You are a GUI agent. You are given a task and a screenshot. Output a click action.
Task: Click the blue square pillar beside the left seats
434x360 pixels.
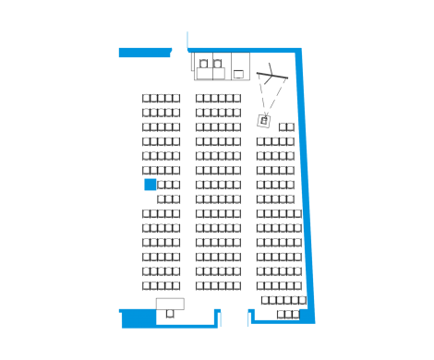coord(150,185)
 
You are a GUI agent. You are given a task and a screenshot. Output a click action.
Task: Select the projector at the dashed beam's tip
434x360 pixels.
coord(264,119)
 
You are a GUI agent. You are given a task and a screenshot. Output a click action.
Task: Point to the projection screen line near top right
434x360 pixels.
coord(272,73)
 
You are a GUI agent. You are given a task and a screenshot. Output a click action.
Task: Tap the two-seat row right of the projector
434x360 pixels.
coord(286,127)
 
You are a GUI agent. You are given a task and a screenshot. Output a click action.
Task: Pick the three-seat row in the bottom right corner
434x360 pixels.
coord(288,314)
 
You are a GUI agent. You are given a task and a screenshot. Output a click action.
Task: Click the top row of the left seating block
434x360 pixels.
coord(161,98)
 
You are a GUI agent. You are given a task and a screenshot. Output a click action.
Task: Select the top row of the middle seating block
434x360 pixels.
coord(218,98)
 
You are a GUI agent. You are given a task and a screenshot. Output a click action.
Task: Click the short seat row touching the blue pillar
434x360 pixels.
coord(169,185)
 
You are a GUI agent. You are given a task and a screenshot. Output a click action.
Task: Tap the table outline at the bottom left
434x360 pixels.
coord(170,304)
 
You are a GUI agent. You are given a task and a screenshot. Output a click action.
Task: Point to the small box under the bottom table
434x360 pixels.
coord(170,314)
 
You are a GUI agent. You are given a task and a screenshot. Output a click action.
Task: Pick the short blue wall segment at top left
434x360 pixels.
coord(145,53)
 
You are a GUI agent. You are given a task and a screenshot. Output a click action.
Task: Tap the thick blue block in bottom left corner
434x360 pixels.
coord(139,318)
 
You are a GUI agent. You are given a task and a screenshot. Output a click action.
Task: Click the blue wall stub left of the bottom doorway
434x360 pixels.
coord(218,318)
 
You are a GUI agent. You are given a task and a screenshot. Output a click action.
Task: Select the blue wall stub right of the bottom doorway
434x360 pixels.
coord(250,317)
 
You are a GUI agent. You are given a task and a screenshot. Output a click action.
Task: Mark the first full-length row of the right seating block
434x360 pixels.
coord(275,141)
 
